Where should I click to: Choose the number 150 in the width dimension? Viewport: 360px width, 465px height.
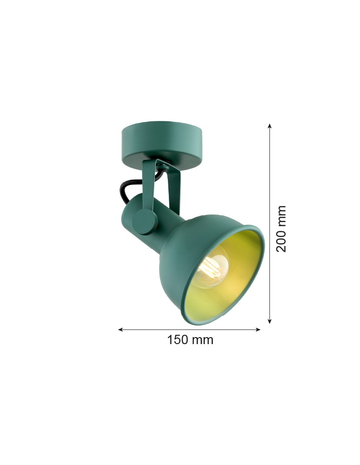(x=177, y=340)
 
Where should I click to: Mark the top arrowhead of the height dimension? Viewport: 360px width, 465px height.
(x=270, y=126)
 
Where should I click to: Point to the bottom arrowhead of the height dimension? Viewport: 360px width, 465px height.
(x=270, y=321)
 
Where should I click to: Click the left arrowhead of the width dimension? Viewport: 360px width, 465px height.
(x=120, y=330)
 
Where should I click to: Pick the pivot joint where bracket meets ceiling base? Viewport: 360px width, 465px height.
(x=160, y=164)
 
